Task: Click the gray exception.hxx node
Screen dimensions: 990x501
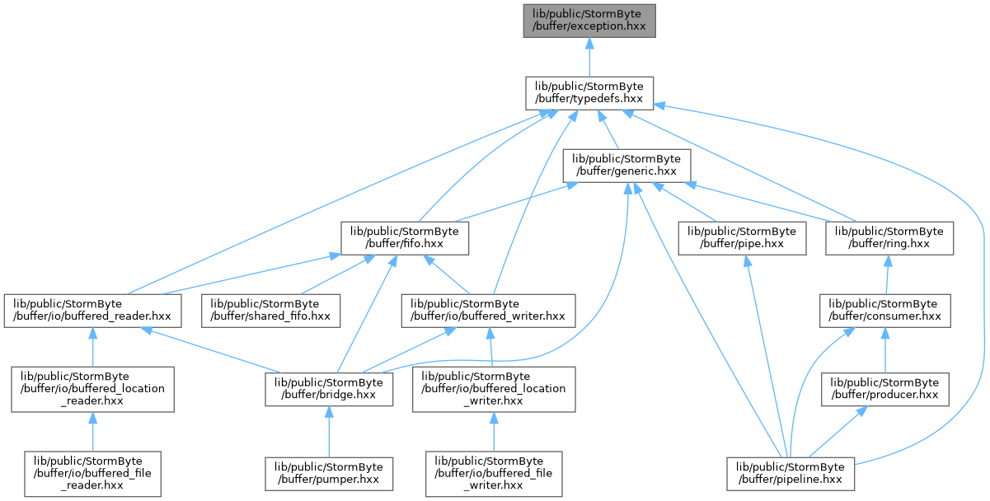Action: click(589, 21)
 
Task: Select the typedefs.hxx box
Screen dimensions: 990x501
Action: click(589, 93)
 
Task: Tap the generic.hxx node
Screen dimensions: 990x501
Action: click(626, 166)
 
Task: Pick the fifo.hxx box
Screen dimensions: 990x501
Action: click(405, 238)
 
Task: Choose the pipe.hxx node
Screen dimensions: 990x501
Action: click(742, 238)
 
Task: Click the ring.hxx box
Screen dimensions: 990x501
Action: click(889, 238)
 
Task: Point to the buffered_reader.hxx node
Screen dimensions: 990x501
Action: click(93, 311)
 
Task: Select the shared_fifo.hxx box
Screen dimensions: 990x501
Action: click(270, 311)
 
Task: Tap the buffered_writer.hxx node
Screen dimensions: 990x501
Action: click(488, 311)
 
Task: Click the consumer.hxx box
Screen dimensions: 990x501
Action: click(884, 311)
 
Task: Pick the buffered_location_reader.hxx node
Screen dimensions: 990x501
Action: click(93, 389)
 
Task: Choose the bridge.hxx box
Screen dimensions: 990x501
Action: click(329, 389)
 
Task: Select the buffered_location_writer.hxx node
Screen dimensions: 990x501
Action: click(494, 389)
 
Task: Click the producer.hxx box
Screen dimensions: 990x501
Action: click(884, 389)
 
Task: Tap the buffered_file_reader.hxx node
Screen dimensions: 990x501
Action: click(93, 474)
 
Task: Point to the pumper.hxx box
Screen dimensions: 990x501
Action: click(329, 474)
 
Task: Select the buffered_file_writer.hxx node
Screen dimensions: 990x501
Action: click(494, 474)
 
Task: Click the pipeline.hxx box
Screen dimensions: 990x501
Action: click(791, 474)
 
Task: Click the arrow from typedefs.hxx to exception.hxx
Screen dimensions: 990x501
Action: click(589, 58)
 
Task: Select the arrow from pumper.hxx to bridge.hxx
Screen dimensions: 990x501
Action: click(329, 432)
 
